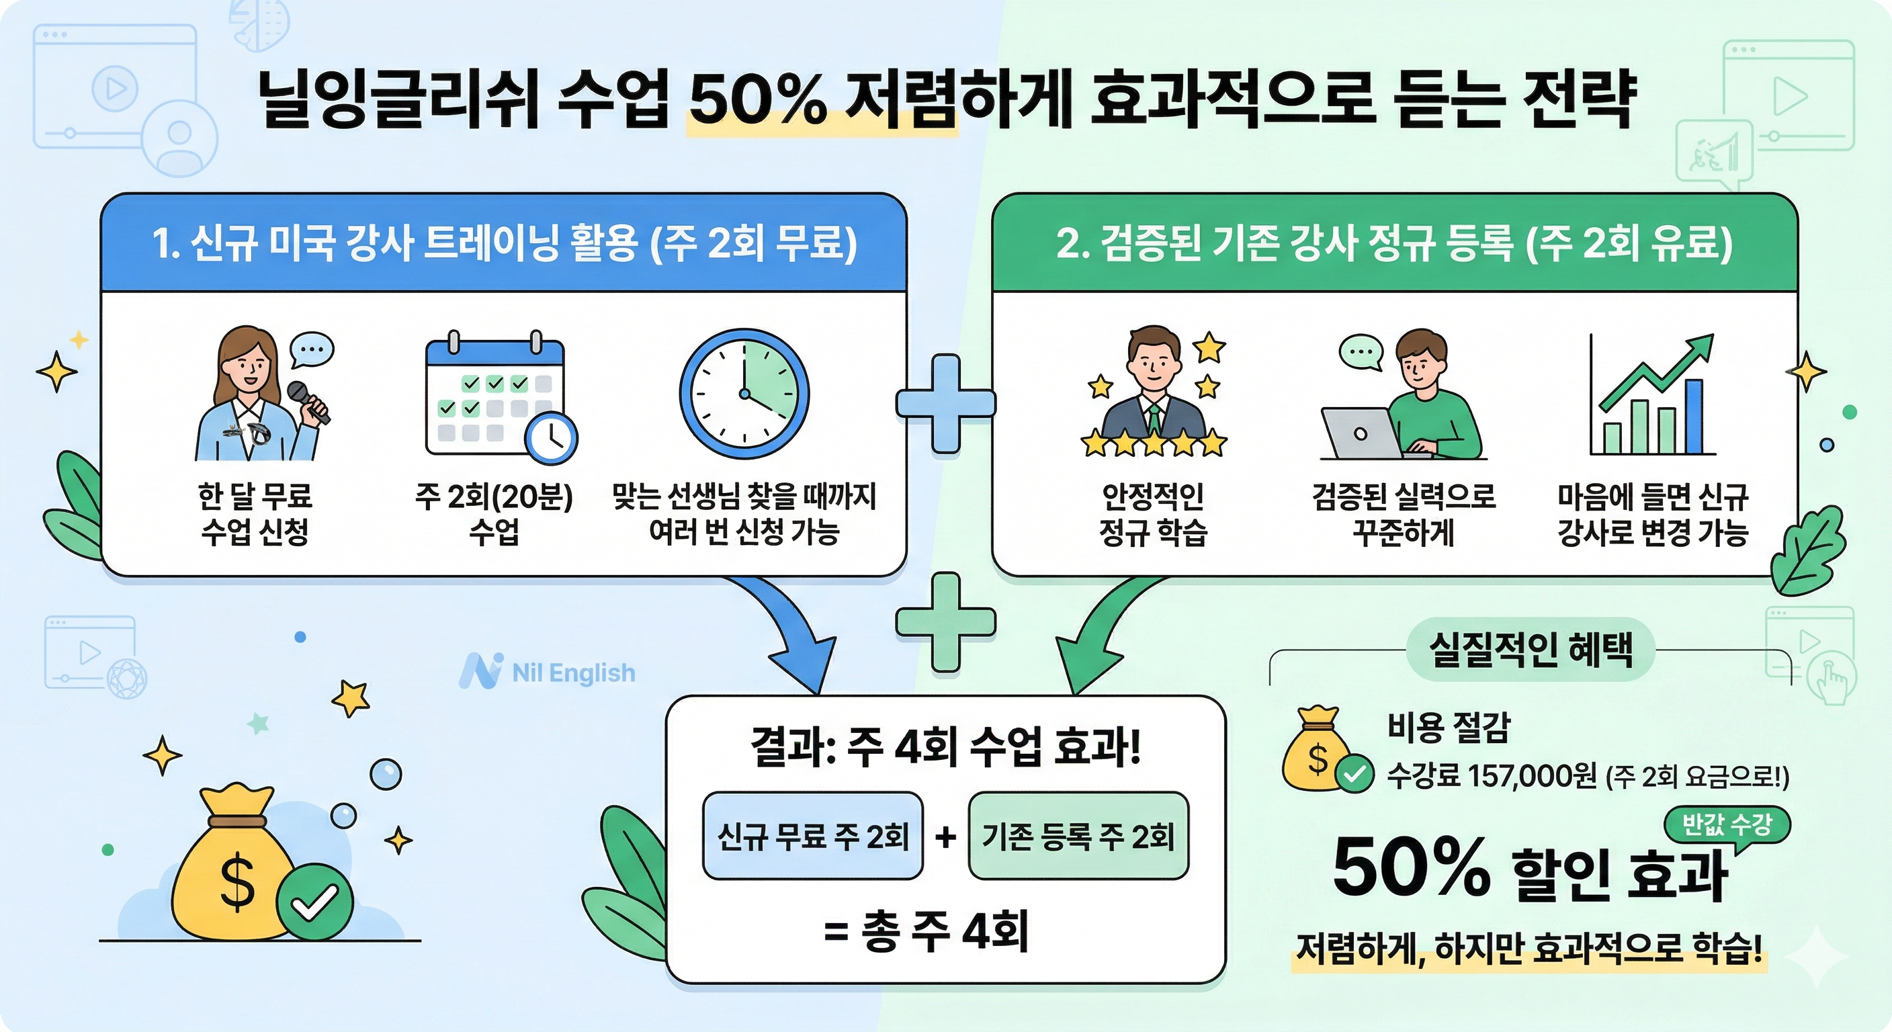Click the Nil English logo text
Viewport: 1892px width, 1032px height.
(x=573, y=672)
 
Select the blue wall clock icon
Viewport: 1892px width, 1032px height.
(x=743, y=394)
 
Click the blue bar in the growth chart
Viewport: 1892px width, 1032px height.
(x=1693, y=417)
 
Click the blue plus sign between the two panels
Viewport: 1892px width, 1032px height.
(x=945, y=403)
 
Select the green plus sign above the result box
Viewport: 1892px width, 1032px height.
(x=945, y=621)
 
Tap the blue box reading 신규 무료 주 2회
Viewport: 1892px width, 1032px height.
(x=812, y=836)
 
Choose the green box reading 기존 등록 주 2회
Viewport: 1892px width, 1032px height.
(x=1078, y=836)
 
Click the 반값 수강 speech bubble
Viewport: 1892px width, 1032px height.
(x=1727, y=825)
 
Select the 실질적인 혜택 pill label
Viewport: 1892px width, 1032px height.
(x=1531, y=649)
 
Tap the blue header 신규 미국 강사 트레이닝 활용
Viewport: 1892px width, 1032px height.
(x=504, y=243)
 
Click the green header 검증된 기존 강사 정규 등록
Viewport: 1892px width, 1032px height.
(x=1394, y=243)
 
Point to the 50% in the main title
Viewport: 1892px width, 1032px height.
(x=757, y=101)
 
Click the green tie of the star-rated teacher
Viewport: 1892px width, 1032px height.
(x=1154, y=419)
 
